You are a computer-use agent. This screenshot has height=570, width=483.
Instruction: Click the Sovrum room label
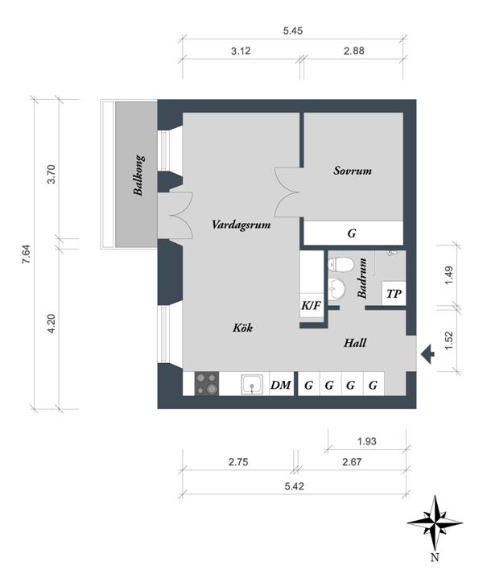point(353,171)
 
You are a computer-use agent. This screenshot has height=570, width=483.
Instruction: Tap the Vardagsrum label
point(242,225)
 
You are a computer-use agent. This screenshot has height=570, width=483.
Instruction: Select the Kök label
point(243,328)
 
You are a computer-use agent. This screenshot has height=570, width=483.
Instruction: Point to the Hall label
point(355,342)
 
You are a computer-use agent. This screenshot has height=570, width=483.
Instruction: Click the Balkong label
point(138,176)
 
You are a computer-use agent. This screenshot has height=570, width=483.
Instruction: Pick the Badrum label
point(362,279)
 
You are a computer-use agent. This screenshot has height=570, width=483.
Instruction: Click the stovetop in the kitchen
point(207,383)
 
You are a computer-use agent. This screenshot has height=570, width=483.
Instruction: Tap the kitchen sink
point(252,384)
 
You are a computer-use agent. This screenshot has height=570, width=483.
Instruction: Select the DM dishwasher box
point(281,384)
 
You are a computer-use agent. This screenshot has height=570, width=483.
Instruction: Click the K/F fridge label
point(311,305)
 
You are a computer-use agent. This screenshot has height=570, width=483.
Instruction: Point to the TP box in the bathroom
point(394,293)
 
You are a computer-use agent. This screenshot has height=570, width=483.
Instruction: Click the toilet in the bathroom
point(341,264)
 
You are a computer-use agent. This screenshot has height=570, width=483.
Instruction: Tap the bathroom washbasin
point(336,289)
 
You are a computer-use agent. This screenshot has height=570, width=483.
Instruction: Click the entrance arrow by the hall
point(427,353)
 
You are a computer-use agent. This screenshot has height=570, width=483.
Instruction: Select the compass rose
point(435,523)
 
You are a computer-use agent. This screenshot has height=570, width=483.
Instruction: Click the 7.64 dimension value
point(27,254)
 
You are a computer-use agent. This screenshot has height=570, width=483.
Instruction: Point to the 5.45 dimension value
point(293,31)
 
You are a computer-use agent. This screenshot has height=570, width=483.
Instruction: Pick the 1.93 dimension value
point(367,441)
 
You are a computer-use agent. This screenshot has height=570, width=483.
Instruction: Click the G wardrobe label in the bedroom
point(352,233)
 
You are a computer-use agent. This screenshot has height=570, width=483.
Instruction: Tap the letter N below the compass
point(435,557)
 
